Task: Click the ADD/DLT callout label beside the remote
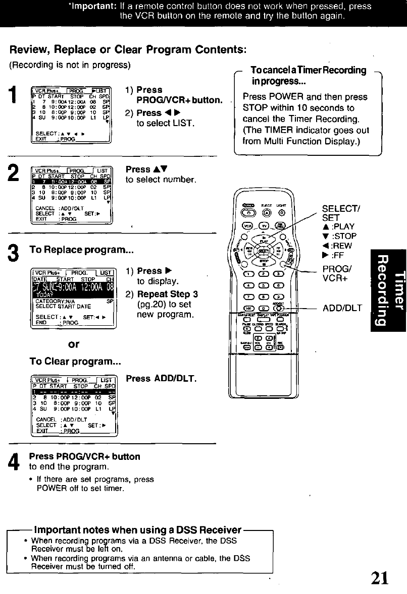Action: pyautogui.click(x=342, y=308)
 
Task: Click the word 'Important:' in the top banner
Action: pyautogui.click(x=96, y=7)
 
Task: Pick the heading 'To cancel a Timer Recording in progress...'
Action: pyautogui.click(x=308, y=76)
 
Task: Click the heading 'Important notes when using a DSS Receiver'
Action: pyautogui.click(x=136, y=530)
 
